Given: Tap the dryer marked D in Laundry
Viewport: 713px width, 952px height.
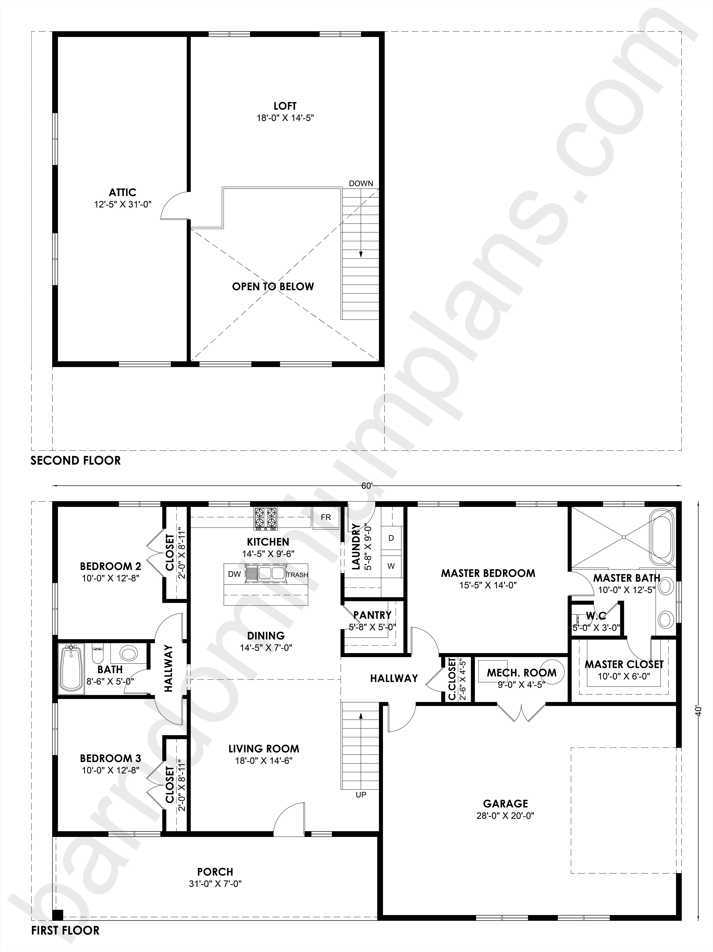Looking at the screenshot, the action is pyautogui.click(x=391, y=538).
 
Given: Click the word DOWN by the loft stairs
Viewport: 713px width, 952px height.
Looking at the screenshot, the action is pyautogui.click(x=361, y=183).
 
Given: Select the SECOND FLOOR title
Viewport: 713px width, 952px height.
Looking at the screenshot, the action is pyautogui.click(x=76, y=460).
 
